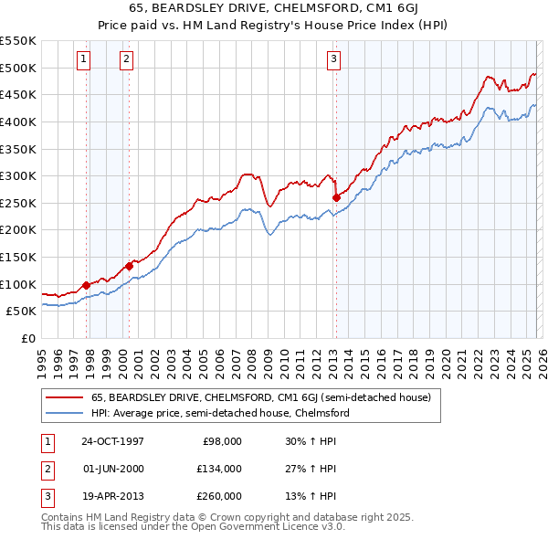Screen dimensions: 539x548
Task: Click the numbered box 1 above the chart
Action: click(x=83, y=59)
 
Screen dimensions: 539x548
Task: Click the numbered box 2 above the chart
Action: click(x=125, y=59)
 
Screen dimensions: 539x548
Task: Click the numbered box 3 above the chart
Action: click(x=333, y=59)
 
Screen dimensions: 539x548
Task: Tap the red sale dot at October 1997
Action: click(x=87, y=285)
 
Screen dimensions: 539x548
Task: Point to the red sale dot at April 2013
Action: click(x=336, y=197)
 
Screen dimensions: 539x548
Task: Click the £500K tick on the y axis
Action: click(x=18, y=68)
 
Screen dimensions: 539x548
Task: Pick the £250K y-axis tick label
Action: click(x=18, y=203)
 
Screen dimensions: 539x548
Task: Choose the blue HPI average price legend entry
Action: click(x=219, y=413)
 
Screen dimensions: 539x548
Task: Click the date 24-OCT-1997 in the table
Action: click(x=112, y=441)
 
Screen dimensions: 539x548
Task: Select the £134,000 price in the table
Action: click(x=218, y=469)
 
